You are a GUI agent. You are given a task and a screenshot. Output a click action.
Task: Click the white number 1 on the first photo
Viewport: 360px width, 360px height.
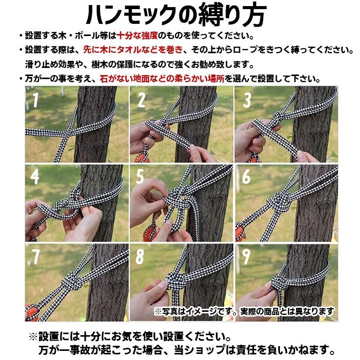35,100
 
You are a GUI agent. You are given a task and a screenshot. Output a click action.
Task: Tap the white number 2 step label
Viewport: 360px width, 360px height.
141,100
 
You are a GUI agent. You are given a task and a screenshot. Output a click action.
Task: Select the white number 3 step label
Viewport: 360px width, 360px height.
247,100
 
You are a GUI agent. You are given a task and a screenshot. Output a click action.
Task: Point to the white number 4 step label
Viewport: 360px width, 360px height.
34,176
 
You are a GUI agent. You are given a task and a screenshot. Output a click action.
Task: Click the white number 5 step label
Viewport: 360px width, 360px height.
140,176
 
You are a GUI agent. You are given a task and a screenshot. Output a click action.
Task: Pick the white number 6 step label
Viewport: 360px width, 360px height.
246,176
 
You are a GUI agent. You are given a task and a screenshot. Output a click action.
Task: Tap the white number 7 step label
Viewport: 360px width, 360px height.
36,257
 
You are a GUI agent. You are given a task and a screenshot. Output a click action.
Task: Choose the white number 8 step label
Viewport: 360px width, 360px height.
140,257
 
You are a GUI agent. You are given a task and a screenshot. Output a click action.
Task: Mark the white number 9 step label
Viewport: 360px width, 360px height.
246,257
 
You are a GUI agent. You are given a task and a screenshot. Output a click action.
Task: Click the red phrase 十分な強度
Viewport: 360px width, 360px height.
137,36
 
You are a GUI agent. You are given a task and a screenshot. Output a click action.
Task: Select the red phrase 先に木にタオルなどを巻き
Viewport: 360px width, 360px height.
133,50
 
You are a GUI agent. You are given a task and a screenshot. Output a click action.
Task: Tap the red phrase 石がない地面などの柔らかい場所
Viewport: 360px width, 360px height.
162,79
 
